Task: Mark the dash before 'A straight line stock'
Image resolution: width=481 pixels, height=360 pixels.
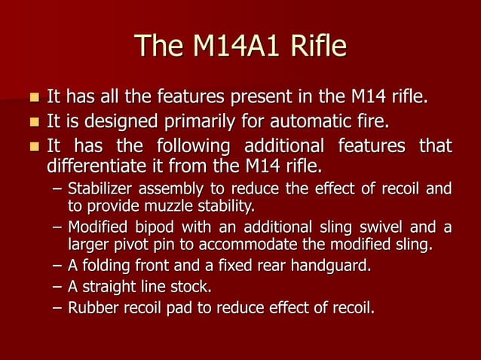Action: tap(57, 287)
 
